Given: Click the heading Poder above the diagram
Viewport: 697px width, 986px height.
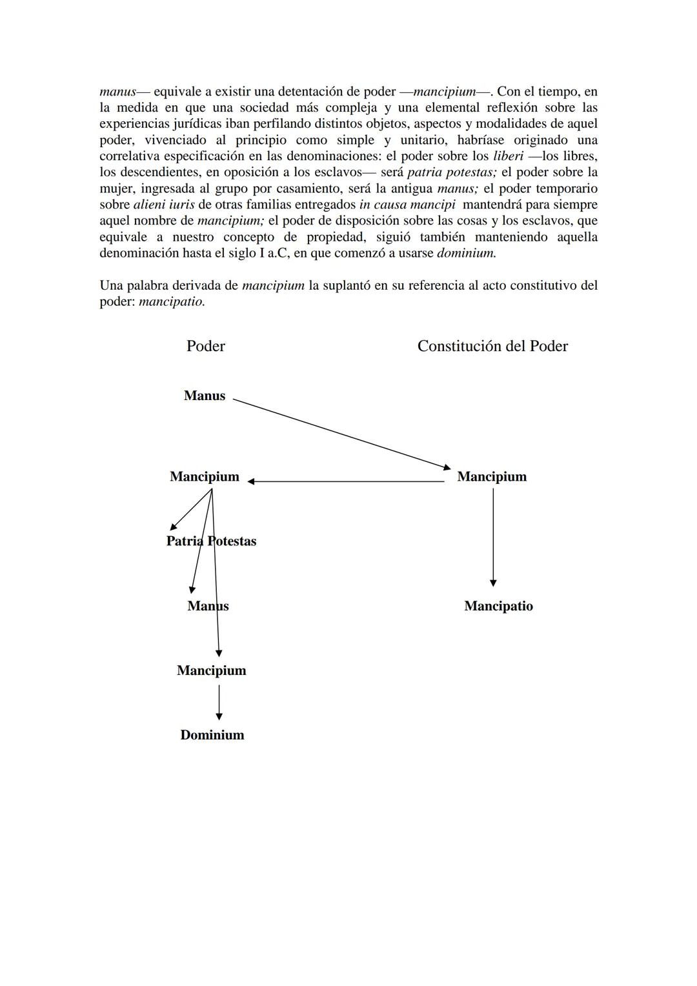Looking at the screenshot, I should (205, 347).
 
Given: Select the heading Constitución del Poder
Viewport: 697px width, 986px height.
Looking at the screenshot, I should (492, 347).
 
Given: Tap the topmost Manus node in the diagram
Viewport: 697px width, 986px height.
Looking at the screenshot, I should (205, 396).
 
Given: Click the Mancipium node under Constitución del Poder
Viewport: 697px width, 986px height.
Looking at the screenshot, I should (492, 477).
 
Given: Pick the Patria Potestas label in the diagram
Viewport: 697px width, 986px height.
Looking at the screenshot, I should (211, 541).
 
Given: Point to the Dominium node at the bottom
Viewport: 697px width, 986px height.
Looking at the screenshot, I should (212, 735).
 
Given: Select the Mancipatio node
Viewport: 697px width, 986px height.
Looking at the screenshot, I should (498, 606).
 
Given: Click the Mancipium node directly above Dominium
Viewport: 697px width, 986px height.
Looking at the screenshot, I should (212, 670).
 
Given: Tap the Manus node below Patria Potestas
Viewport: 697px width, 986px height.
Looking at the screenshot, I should (208, 606).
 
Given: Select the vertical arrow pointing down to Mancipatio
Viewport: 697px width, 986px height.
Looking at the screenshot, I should (493, 537).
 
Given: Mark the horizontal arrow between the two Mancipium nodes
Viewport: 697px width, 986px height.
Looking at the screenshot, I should (345, 481).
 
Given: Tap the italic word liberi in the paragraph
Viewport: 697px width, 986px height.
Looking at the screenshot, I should (508, 156).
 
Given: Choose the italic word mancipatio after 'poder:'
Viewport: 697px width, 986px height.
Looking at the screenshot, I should (172, 301).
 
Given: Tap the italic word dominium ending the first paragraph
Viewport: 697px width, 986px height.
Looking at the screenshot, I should (467, 253).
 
